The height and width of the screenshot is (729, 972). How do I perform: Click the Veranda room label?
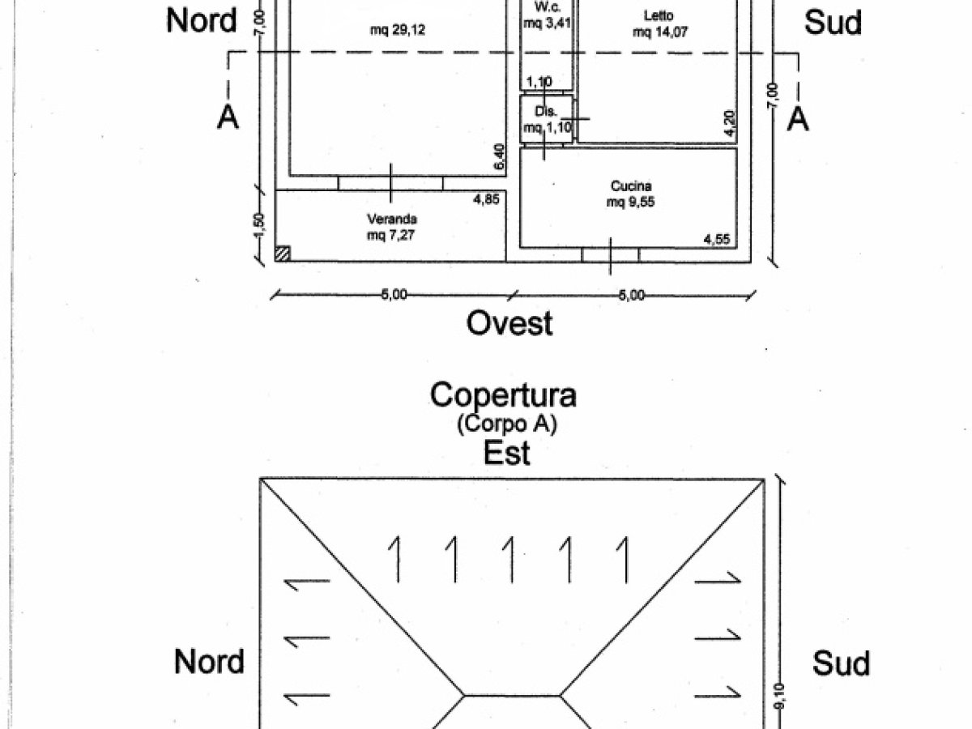pos(392,219)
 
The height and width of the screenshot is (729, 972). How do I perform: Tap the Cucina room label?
pos(630,187)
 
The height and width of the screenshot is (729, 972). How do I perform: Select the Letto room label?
pos(658,15)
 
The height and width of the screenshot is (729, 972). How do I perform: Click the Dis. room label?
pos(543,111)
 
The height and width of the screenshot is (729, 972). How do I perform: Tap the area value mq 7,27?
pos(392,236)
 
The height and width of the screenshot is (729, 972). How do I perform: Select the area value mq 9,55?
pos(630,203)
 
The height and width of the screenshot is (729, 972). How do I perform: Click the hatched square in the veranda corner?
pos(282,254)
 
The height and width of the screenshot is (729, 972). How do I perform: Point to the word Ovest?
pos(509,323)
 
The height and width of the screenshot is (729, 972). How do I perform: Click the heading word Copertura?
pos(503,395)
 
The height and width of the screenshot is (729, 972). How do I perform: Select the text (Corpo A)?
pos(507,423)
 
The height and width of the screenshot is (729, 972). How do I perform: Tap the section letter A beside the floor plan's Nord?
pos(228,118)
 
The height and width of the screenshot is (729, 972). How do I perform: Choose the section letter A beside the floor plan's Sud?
pos(799,118)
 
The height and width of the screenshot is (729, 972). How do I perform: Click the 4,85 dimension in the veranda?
pos(485,199)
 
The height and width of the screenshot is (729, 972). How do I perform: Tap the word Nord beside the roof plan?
pos(209,662)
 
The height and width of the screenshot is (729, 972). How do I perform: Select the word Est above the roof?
pos(507,453)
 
